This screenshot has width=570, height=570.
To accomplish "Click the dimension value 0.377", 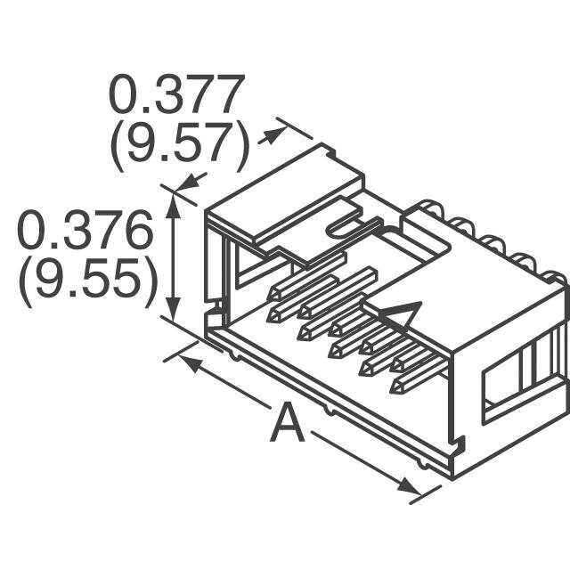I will click(175, 94).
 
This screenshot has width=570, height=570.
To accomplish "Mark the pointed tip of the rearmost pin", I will click(276, 294).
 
